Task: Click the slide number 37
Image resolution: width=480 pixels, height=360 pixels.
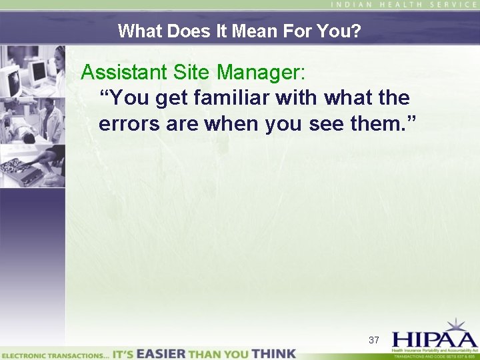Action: [374, 340]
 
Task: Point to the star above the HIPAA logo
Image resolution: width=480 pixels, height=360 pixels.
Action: [457, 325]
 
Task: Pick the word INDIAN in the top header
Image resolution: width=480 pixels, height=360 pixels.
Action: [354, 5]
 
